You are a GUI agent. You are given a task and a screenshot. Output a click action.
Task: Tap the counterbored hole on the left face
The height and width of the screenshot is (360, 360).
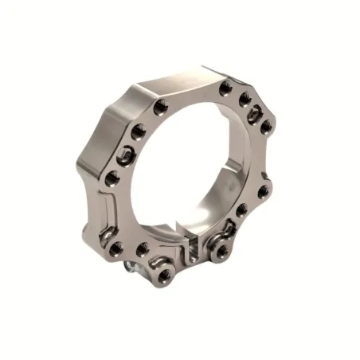125,155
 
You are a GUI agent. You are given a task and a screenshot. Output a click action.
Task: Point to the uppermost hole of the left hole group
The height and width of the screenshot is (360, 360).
161,105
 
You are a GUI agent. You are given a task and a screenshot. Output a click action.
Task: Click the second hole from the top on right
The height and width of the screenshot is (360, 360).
245,99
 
